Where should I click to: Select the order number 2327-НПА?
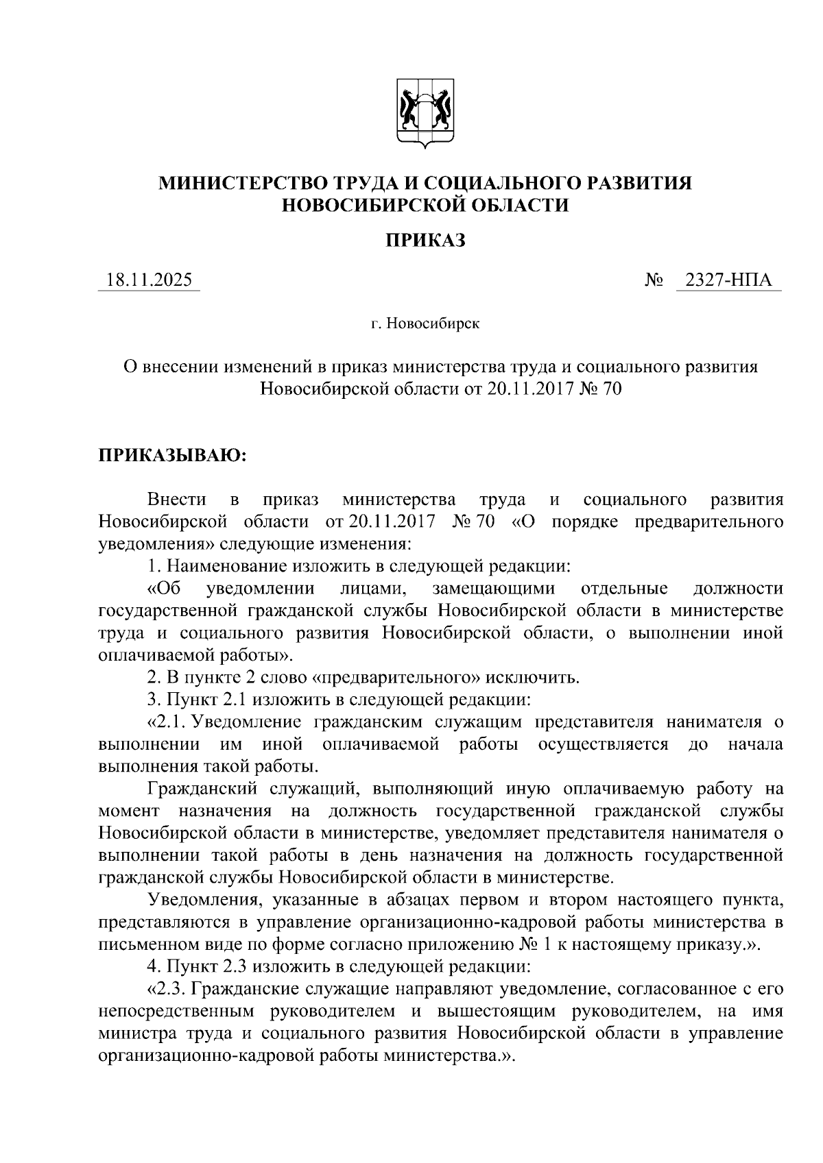(x=728, y=280)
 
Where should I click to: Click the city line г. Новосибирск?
(x=425, y=323)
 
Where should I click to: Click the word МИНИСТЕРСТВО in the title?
(x=243, y=184)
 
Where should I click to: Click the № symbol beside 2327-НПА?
(x=653, y=280)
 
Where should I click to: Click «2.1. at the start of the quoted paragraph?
(x=167, y=722)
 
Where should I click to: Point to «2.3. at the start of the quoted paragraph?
(x=167, y=990)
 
